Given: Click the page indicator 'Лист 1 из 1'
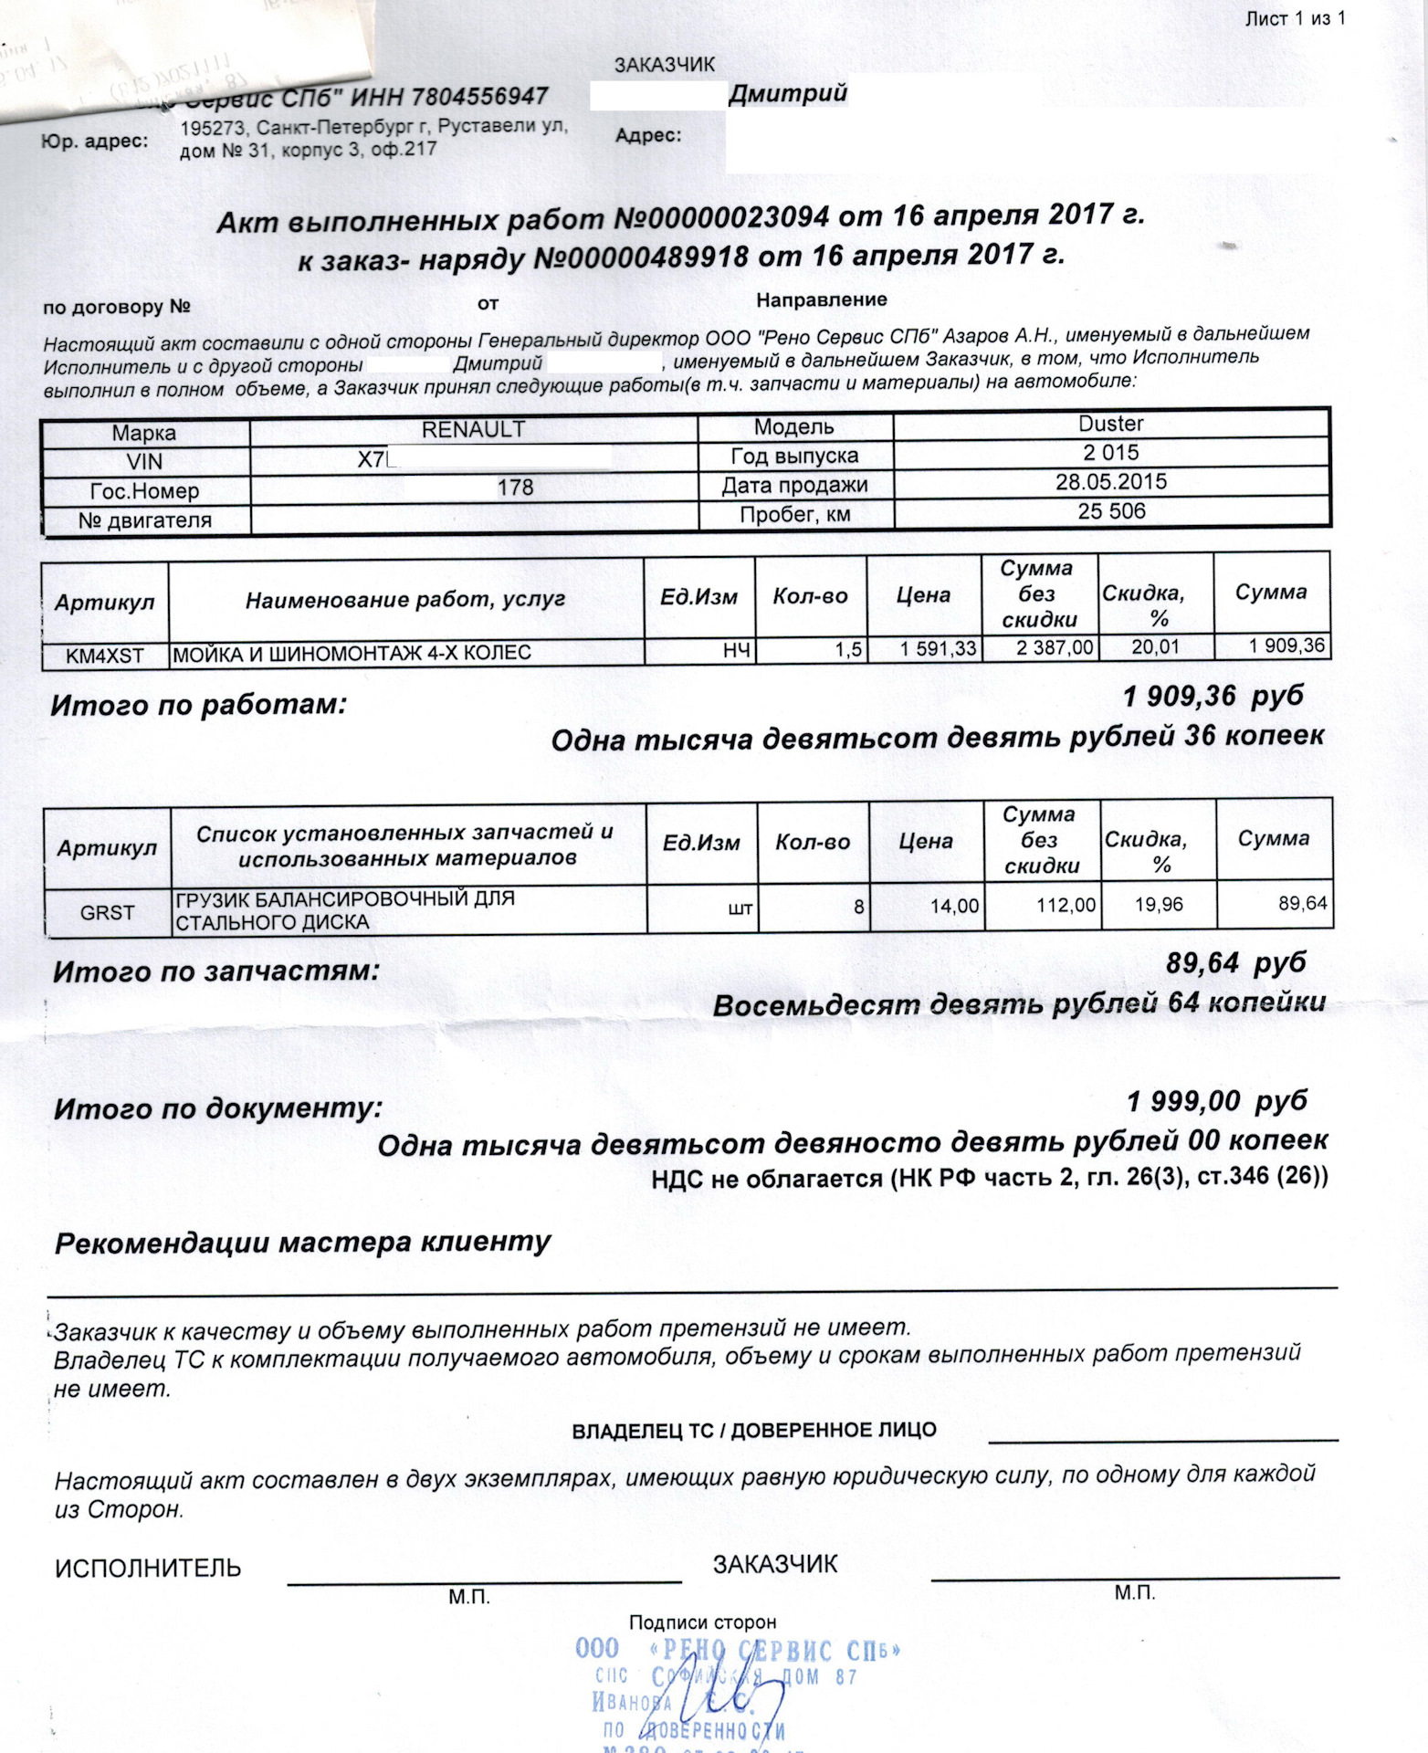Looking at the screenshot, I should pyautogui.click(x=1295, y=18).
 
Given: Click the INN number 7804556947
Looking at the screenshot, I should pyautogui.click(x=479, y=97).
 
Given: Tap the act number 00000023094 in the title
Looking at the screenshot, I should pyautogui.click(x=721, y=219).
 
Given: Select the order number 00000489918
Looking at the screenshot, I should pyautogui.click(x=640, y=257).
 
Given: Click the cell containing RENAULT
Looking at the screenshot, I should pyautogui.click(x=473, y=430).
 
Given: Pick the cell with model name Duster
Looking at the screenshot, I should pyautogui.click(x=1110, y=424).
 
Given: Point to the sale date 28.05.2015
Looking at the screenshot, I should pyautogui.click(x=1110, y=482).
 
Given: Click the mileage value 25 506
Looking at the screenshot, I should pyautogui.click(x=1110, y=511).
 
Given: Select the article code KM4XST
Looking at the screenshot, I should pyautogui.click(x=105, y=656).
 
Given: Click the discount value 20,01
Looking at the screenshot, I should pyautogui.click(x=1155, y=647).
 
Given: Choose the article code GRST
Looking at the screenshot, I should pyautogui.click(x=107, y=912).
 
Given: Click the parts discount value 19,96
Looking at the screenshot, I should pyautogui.click(x=1158, y=905).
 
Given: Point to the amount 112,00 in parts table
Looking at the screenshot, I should pyautogui.click(x=1066, y=906).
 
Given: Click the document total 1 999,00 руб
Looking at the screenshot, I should pyautogui.click(x=1216, y=1102).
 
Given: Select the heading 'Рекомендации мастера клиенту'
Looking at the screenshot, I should pyautogui.click(x=303, y=1244).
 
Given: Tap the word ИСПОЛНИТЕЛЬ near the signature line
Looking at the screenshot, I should pyautogui.click(x=148, y=1569).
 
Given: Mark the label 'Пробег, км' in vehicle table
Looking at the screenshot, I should pyautogui.click(x=794, y=515).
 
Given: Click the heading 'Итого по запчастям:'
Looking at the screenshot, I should pyautogui.click(x=215, y=971).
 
